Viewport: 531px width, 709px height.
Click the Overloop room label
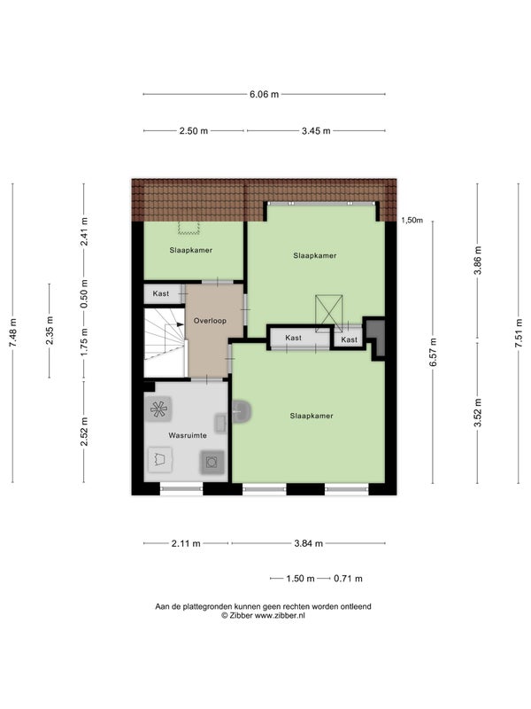[210, 321]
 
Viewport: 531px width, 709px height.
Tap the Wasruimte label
[188, 435]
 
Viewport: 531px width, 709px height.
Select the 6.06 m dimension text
[264, 95]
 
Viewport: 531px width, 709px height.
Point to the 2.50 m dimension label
[194, 131]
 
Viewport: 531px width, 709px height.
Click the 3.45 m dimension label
[316, 131]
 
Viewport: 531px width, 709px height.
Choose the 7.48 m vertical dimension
[12, 333]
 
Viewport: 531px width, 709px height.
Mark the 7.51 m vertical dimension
[519, 333]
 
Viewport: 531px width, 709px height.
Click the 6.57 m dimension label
[433, 352]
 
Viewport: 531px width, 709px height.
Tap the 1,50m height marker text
[412, 220]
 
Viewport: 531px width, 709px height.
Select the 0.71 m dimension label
[348, 579]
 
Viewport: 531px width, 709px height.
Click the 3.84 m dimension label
[308, 543]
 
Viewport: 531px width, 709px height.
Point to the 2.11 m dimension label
[186, 543]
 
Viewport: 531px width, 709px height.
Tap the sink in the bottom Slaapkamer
[242, 411]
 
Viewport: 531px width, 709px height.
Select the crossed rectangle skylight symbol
[328, 313]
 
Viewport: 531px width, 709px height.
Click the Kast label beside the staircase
[161, 293]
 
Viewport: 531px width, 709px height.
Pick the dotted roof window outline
[189, 228]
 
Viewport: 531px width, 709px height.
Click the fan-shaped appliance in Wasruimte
[158, 409]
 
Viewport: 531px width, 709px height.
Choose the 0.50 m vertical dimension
[84, 294]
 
